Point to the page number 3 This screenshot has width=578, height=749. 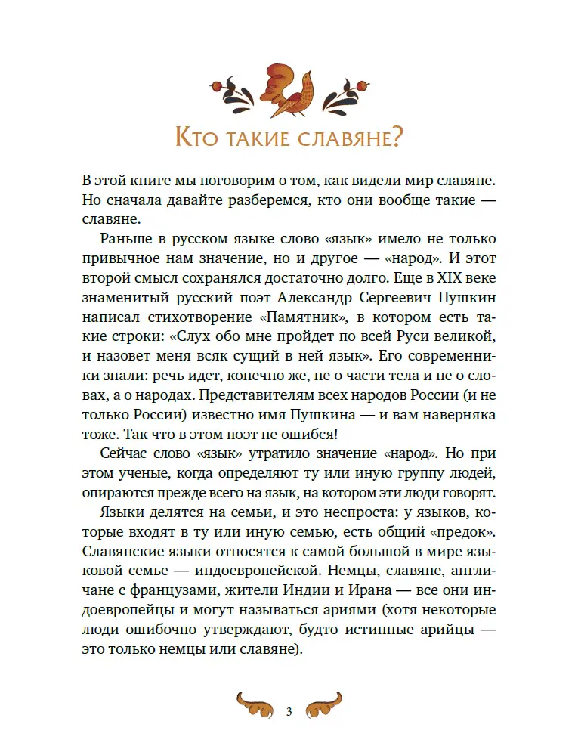pos(289,713)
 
